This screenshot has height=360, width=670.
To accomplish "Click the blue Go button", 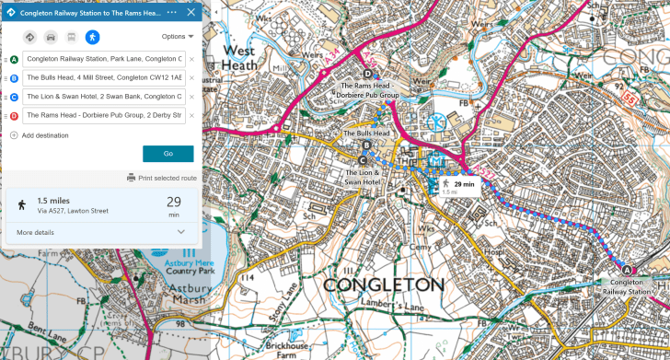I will tap(167, 154).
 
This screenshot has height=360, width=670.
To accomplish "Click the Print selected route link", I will tap(166, 178).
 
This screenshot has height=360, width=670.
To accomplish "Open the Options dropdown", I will tap(178, 37).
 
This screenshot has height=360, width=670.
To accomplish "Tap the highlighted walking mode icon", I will tap(92, 37).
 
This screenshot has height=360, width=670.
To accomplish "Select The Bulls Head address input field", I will tap(104, 78).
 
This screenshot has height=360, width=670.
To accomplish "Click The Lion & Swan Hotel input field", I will tap(104, 97).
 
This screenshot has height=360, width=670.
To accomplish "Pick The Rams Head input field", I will tap(104, 115).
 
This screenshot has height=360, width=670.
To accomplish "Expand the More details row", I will tap(101, 232).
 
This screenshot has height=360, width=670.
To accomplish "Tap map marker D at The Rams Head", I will tap(368, 75).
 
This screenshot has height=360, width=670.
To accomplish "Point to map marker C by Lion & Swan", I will tap(364, 159).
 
